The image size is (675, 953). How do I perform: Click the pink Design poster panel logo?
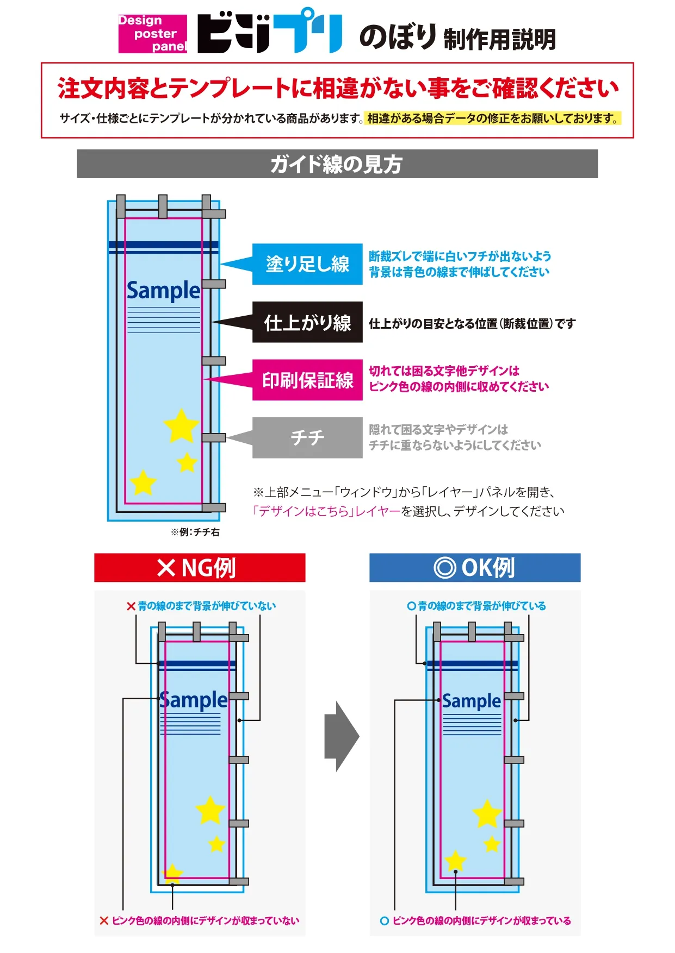(x=152, y=34)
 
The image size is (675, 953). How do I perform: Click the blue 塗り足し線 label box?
(x=307, y=264)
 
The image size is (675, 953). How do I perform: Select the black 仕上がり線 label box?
(x=307, y=322)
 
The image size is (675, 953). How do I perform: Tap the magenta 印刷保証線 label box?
(x=307, y=380)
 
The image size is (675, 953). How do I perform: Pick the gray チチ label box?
(x=307, y=437)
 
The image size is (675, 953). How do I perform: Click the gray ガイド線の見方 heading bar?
(x=337, y=164)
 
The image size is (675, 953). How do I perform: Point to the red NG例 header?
(x=200, y=568)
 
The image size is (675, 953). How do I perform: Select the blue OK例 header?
(x=475, y=568)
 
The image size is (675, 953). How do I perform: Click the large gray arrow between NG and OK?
(x=342, y=736)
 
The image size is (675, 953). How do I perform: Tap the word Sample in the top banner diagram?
(x=163, y=291)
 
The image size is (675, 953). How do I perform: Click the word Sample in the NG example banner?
(x=194, y=700)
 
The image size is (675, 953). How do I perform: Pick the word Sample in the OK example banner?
(x=472, y=701)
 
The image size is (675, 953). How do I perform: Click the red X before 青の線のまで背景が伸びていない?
(x=131, y=606)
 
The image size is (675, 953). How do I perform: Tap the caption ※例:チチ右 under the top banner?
(x=195, y=532)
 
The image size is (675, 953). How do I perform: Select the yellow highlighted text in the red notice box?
(x=493, y=118)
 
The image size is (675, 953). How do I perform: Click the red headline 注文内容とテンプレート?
(x=337, y=89)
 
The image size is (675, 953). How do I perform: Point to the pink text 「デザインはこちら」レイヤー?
(x=326, y=511)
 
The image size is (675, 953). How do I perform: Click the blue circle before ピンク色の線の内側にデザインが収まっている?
(x=385, y=921)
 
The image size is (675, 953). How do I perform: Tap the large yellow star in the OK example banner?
(x=487, y=813)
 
